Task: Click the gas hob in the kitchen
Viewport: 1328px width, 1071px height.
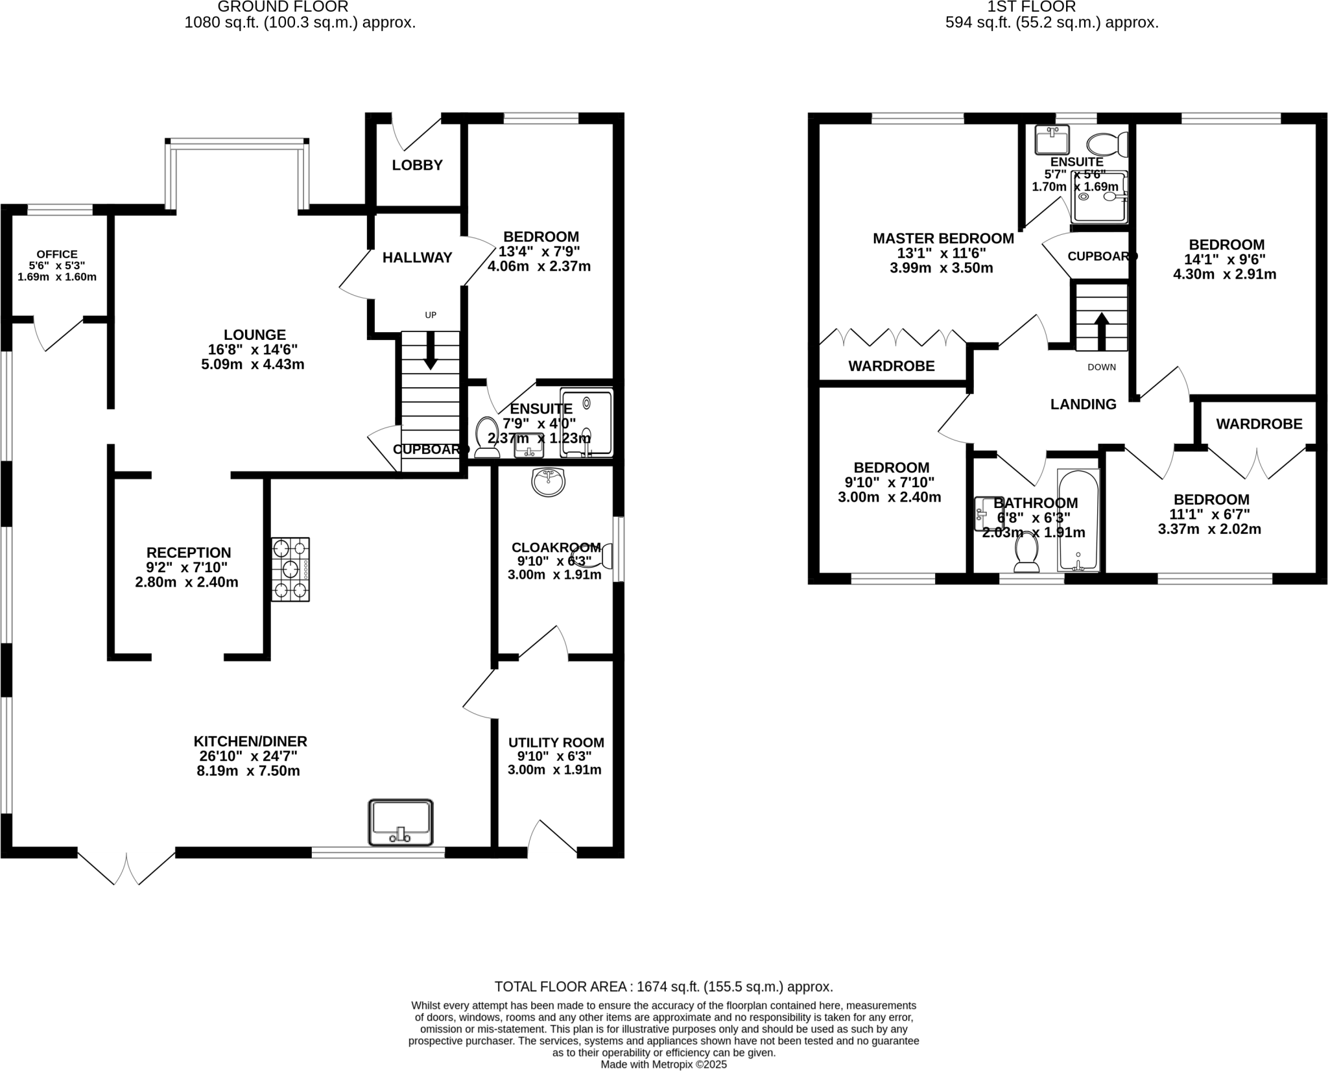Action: coord(290,570)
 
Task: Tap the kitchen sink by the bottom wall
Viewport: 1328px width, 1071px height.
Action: coord(401,823)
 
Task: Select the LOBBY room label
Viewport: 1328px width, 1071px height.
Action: coord(417,165)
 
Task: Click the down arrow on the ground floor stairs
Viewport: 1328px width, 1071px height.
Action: coord(430,359)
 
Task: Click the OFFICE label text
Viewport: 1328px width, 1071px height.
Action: coord(57,254)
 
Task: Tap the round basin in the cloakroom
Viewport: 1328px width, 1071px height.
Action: coord(548,482)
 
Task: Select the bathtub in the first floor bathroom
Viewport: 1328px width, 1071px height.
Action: coord(1078,520)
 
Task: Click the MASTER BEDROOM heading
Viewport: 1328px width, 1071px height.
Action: coord(943,239)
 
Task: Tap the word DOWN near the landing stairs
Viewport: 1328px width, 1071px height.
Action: coord(1102,367)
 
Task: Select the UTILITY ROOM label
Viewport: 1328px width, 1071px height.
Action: coord(556,743)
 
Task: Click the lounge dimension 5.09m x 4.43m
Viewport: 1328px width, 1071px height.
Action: coord(253,365)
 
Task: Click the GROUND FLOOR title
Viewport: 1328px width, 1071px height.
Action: coord(283,7)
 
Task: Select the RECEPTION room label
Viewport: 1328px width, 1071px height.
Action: coord(188,553)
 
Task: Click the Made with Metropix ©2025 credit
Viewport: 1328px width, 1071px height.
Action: coord(663,1065)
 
